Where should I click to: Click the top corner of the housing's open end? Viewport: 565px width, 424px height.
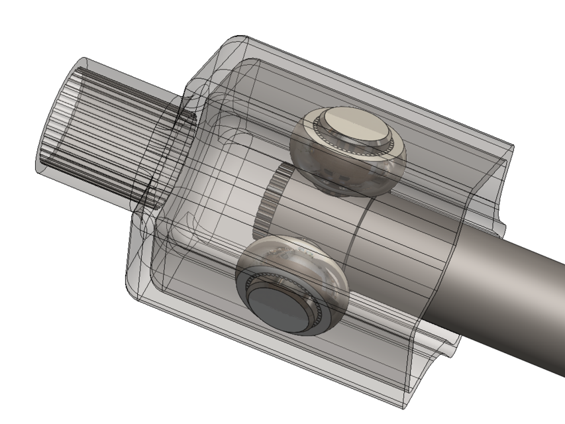tap(510, 142)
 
